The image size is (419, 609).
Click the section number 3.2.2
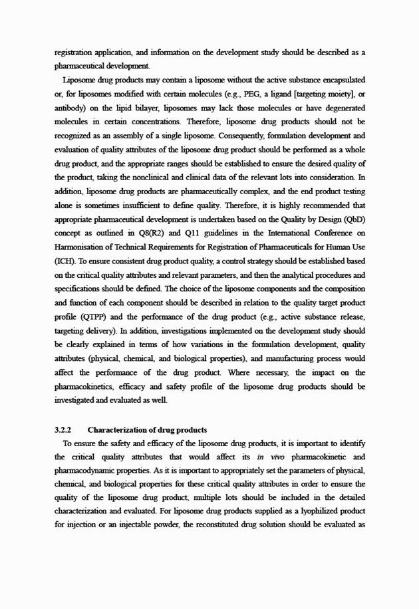point(64,430)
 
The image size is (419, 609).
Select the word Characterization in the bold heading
point(116,430)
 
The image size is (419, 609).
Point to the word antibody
point(70,108)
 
